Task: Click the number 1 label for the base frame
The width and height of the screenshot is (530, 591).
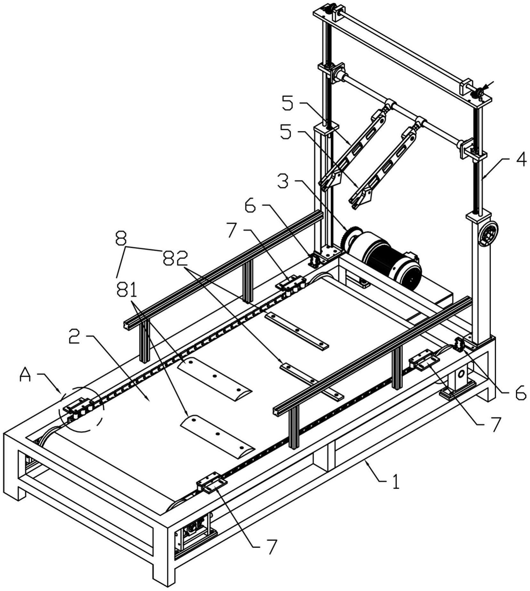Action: [x=396, y=482]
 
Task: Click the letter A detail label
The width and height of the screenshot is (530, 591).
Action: [x=25, y=374]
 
